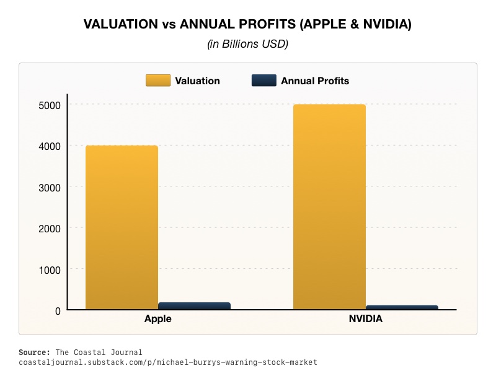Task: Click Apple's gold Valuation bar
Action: (x=122, y=227)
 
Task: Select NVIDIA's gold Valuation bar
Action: (x=329, y=207)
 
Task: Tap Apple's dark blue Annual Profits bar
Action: (x=194, y=306)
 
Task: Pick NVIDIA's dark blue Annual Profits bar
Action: (x=402, y=307)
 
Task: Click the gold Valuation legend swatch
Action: (x=157, y=81)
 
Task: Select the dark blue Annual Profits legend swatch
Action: (x=263, y=81)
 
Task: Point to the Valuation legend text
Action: (x=197, y=81)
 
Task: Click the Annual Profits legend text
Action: (x=315, y=81)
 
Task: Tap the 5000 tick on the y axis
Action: (x=49, y=105)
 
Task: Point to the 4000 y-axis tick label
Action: (x=49, y=146)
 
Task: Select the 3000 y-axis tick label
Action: (x=49, y=187)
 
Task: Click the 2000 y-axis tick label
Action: (x=49, y=229)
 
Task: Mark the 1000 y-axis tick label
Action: (x=49, y=269)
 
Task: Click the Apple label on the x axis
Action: (x=157, y=320)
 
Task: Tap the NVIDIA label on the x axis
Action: (x=365, y=320)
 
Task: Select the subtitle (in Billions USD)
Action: (x=248, y=44)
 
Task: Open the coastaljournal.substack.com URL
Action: (x=167, y=362)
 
